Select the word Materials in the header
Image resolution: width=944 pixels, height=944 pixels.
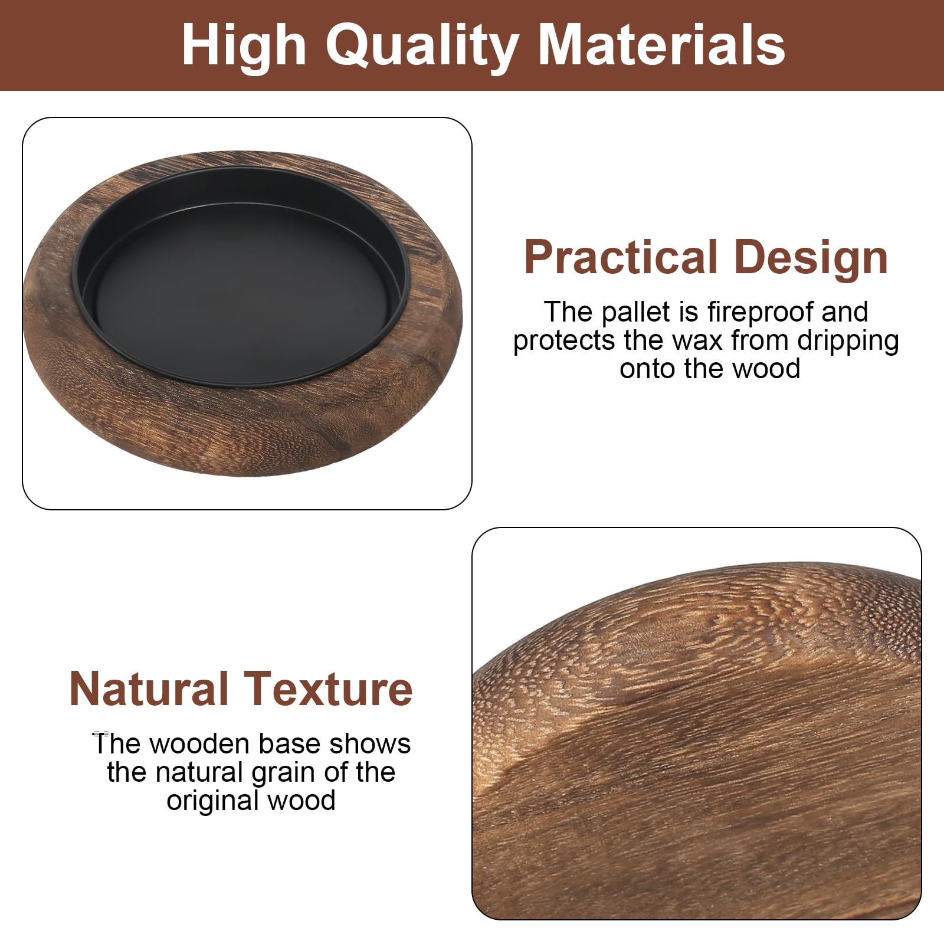pos(661,45)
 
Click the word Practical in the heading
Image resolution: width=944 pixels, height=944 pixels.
pos(619,258)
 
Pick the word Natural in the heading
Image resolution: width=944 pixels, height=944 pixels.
pos(149,689)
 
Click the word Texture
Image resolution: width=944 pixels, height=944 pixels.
pos(329,689)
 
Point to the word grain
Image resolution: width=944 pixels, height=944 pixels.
pos(280,772)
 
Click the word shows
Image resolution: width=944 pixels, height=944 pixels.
pos(370,744)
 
